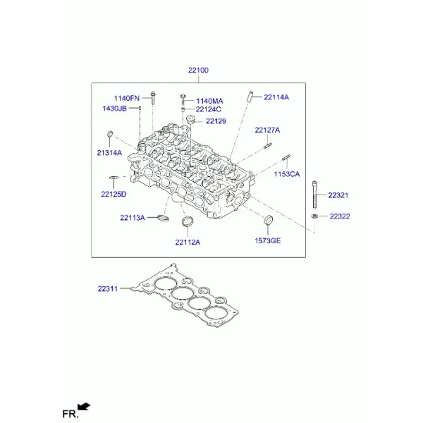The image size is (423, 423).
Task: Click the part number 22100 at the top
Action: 198,70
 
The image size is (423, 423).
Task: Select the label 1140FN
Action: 126,98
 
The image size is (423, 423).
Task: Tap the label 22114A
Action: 276,97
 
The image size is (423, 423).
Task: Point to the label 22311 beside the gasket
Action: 108,289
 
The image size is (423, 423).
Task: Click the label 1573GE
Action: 268,240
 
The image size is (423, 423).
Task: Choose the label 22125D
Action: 114,195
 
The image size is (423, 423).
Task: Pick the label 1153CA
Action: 287,174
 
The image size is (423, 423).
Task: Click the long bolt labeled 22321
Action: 314,195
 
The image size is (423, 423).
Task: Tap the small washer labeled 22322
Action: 314,216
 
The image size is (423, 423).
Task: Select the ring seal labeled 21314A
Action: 110,134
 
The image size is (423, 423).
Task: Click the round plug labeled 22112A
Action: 188,221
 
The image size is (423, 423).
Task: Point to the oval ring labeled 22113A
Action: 163,217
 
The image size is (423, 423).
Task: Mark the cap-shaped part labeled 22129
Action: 190,119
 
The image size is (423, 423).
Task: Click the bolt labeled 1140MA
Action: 183,99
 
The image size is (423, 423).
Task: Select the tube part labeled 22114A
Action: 250,97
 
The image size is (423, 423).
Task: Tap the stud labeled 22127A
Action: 267,145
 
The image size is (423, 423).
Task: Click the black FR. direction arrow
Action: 84,407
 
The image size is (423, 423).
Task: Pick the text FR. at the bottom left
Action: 70,414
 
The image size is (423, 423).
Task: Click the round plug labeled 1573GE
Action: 268,220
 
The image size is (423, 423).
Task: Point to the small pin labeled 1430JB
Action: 140,108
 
